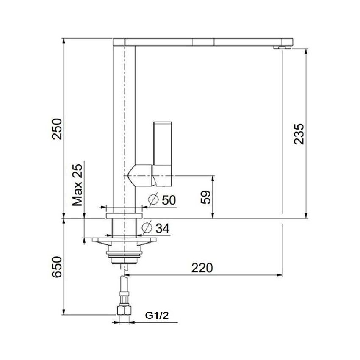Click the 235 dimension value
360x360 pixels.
pyautogui.click(x=299, y=134)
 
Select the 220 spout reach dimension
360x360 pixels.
pyautogui.click(x=202, y=268)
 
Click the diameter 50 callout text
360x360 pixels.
pyautogui.click(x=168, y=200)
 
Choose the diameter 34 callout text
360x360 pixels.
pyautogui.click(x=162, y=228)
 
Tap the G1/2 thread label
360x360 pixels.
pyautogui.click(x=157, y=315)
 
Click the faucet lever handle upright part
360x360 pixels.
pyautogui.click(x=163, y=144)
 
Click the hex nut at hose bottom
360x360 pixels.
pyautogui.click(x=124, y=311)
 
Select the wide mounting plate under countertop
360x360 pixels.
pyautogui.click(x=124, y=241)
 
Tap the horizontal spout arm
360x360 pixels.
pyautogui.click(x=203, y=42)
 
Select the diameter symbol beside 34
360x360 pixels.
pyautogui.click(x=147, y=227)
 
